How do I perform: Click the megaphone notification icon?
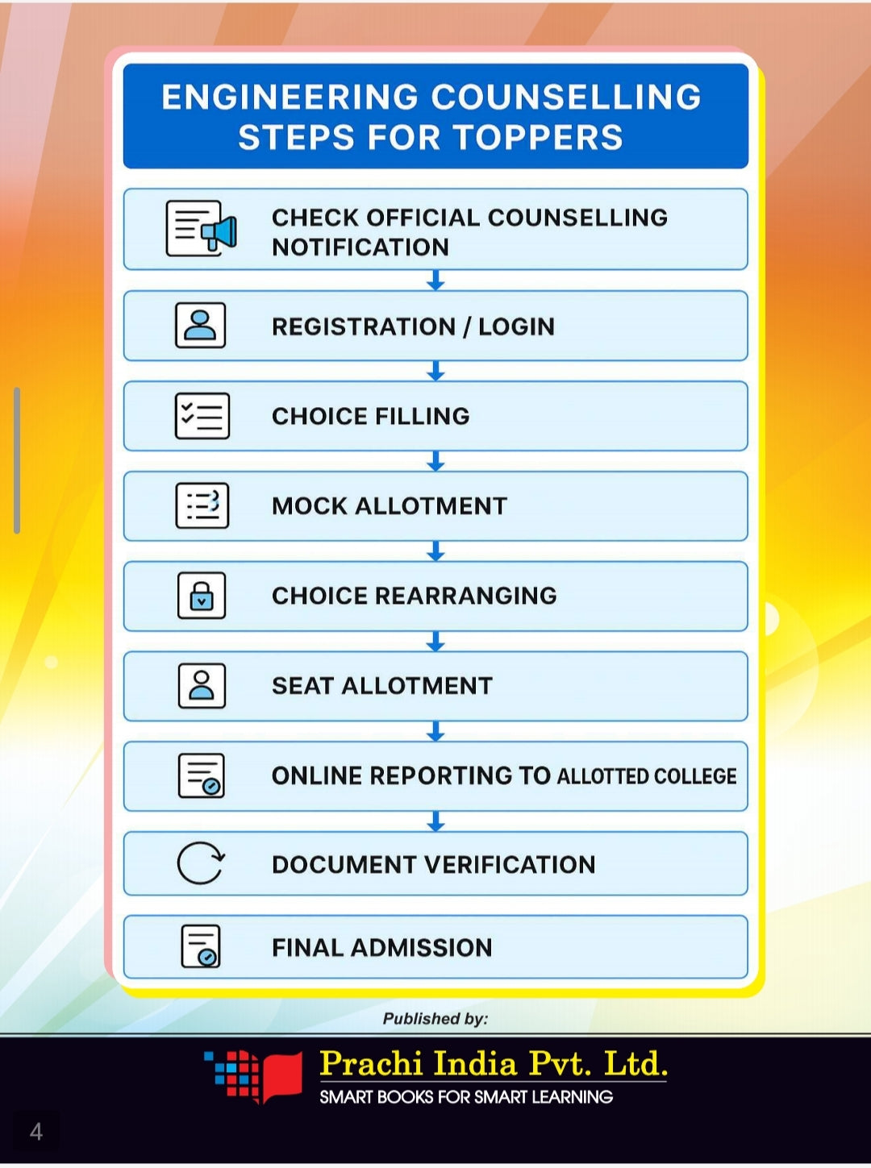click(201, 229)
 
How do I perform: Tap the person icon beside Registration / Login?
click(200, 326)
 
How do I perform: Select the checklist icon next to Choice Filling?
click(202, 416)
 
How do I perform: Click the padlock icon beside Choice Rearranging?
click(201, 596)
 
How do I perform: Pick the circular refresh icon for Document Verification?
click(200, 863)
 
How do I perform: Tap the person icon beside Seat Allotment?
click(201, 686)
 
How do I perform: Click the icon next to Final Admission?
click(201, 946)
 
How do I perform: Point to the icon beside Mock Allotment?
click(202, 505)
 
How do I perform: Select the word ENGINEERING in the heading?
click(290, 98)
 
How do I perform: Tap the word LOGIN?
click(516, 326)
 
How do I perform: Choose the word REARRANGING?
click(465, 596)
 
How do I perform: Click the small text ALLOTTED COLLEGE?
click(646, 776)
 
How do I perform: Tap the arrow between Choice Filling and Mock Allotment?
click(435, 461)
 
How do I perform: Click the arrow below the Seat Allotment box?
click(435, 731)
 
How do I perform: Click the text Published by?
click(435, 1019)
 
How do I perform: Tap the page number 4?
click(36, 1132)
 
